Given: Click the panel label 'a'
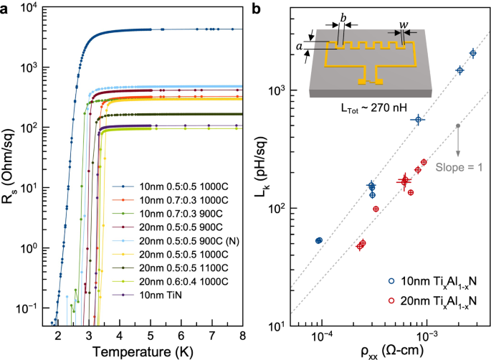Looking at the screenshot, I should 6,9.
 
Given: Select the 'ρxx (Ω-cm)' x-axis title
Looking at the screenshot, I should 385,351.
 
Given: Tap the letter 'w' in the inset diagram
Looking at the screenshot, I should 404,24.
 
